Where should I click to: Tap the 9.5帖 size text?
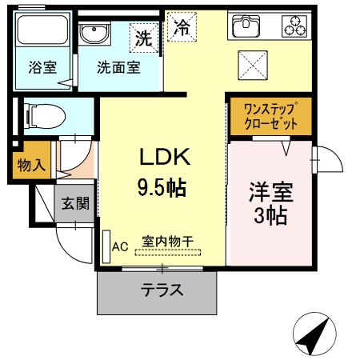click(160, 190)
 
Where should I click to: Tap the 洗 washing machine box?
click(143, 37)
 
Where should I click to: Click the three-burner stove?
click(294, 26)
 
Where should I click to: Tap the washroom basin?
click(94, 35)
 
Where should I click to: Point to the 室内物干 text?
click(168, 241)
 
